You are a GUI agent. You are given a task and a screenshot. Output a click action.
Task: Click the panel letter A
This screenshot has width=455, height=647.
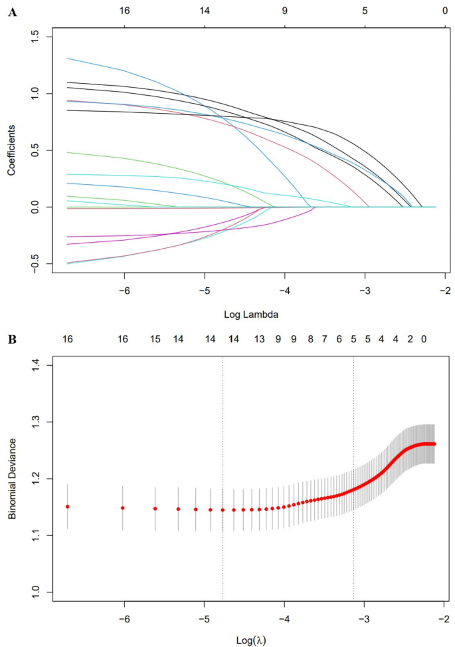point(12,11)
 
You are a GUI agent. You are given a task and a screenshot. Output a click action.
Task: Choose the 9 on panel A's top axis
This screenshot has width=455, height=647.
point(284,11)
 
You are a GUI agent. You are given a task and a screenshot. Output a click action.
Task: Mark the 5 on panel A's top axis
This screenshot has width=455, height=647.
point(365,11)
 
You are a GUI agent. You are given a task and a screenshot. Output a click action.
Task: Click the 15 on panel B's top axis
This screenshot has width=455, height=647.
point(155,339)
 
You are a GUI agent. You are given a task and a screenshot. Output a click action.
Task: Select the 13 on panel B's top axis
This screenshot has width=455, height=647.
point(260,339)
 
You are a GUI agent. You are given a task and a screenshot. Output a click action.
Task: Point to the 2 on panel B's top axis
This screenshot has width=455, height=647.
point(410,339)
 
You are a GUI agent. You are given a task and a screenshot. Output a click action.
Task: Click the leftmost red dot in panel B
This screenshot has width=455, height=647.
point(67,507)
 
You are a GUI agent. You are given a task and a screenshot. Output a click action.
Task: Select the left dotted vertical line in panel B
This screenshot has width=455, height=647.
point(223,465)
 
